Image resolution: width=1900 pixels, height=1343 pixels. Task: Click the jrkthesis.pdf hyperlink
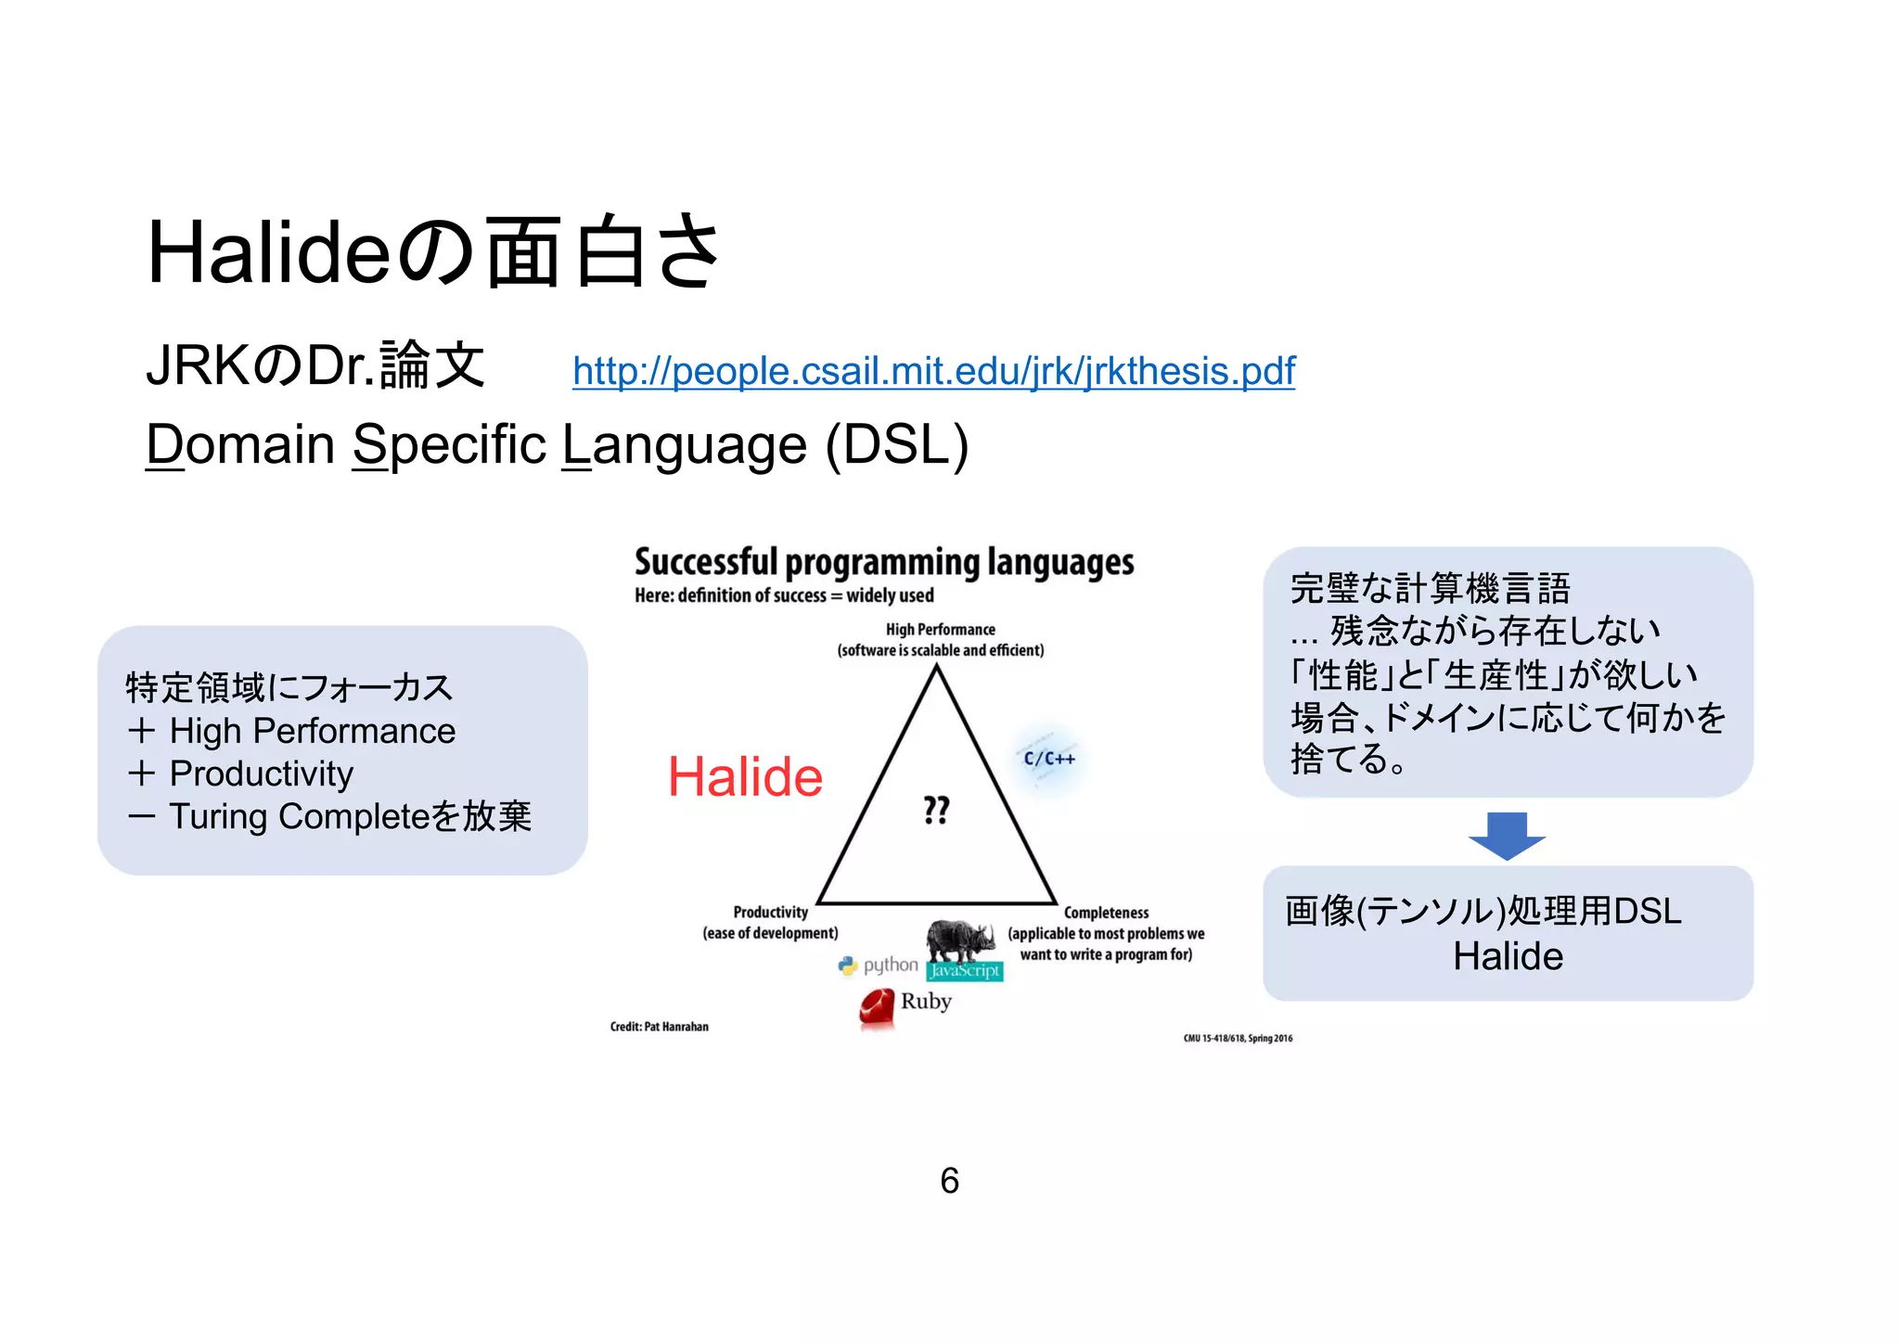[933, 371]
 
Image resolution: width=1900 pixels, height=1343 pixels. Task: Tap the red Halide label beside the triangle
[745, 776]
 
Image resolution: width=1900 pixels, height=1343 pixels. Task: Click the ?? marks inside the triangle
[936, 810]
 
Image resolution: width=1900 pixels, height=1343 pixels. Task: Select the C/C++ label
[1049, 759]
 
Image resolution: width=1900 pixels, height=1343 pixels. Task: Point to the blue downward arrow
[1507, 835]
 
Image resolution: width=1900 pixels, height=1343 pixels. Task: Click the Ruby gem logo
[877, 1008]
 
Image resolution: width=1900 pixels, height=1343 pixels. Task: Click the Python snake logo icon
[847, 966]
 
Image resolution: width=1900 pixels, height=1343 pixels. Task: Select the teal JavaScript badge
[965, 971]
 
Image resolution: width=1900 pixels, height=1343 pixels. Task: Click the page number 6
[949, 1181]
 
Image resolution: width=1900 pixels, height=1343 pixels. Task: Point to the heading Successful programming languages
[884, 562]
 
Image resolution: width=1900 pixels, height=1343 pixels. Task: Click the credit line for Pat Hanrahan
[659, 1027]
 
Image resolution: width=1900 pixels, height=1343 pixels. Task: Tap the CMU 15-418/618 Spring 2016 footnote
[1238, 1039]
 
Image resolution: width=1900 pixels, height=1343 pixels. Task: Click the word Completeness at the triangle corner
[1106, 913]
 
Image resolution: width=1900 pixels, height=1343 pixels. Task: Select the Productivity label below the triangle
[770, 913]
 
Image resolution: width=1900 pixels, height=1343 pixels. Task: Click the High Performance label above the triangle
[940, 630]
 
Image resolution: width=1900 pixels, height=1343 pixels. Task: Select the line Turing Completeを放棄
[349, 816]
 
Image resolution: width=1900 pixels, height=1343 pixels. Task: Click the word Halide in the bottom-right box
[1508, 956]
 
